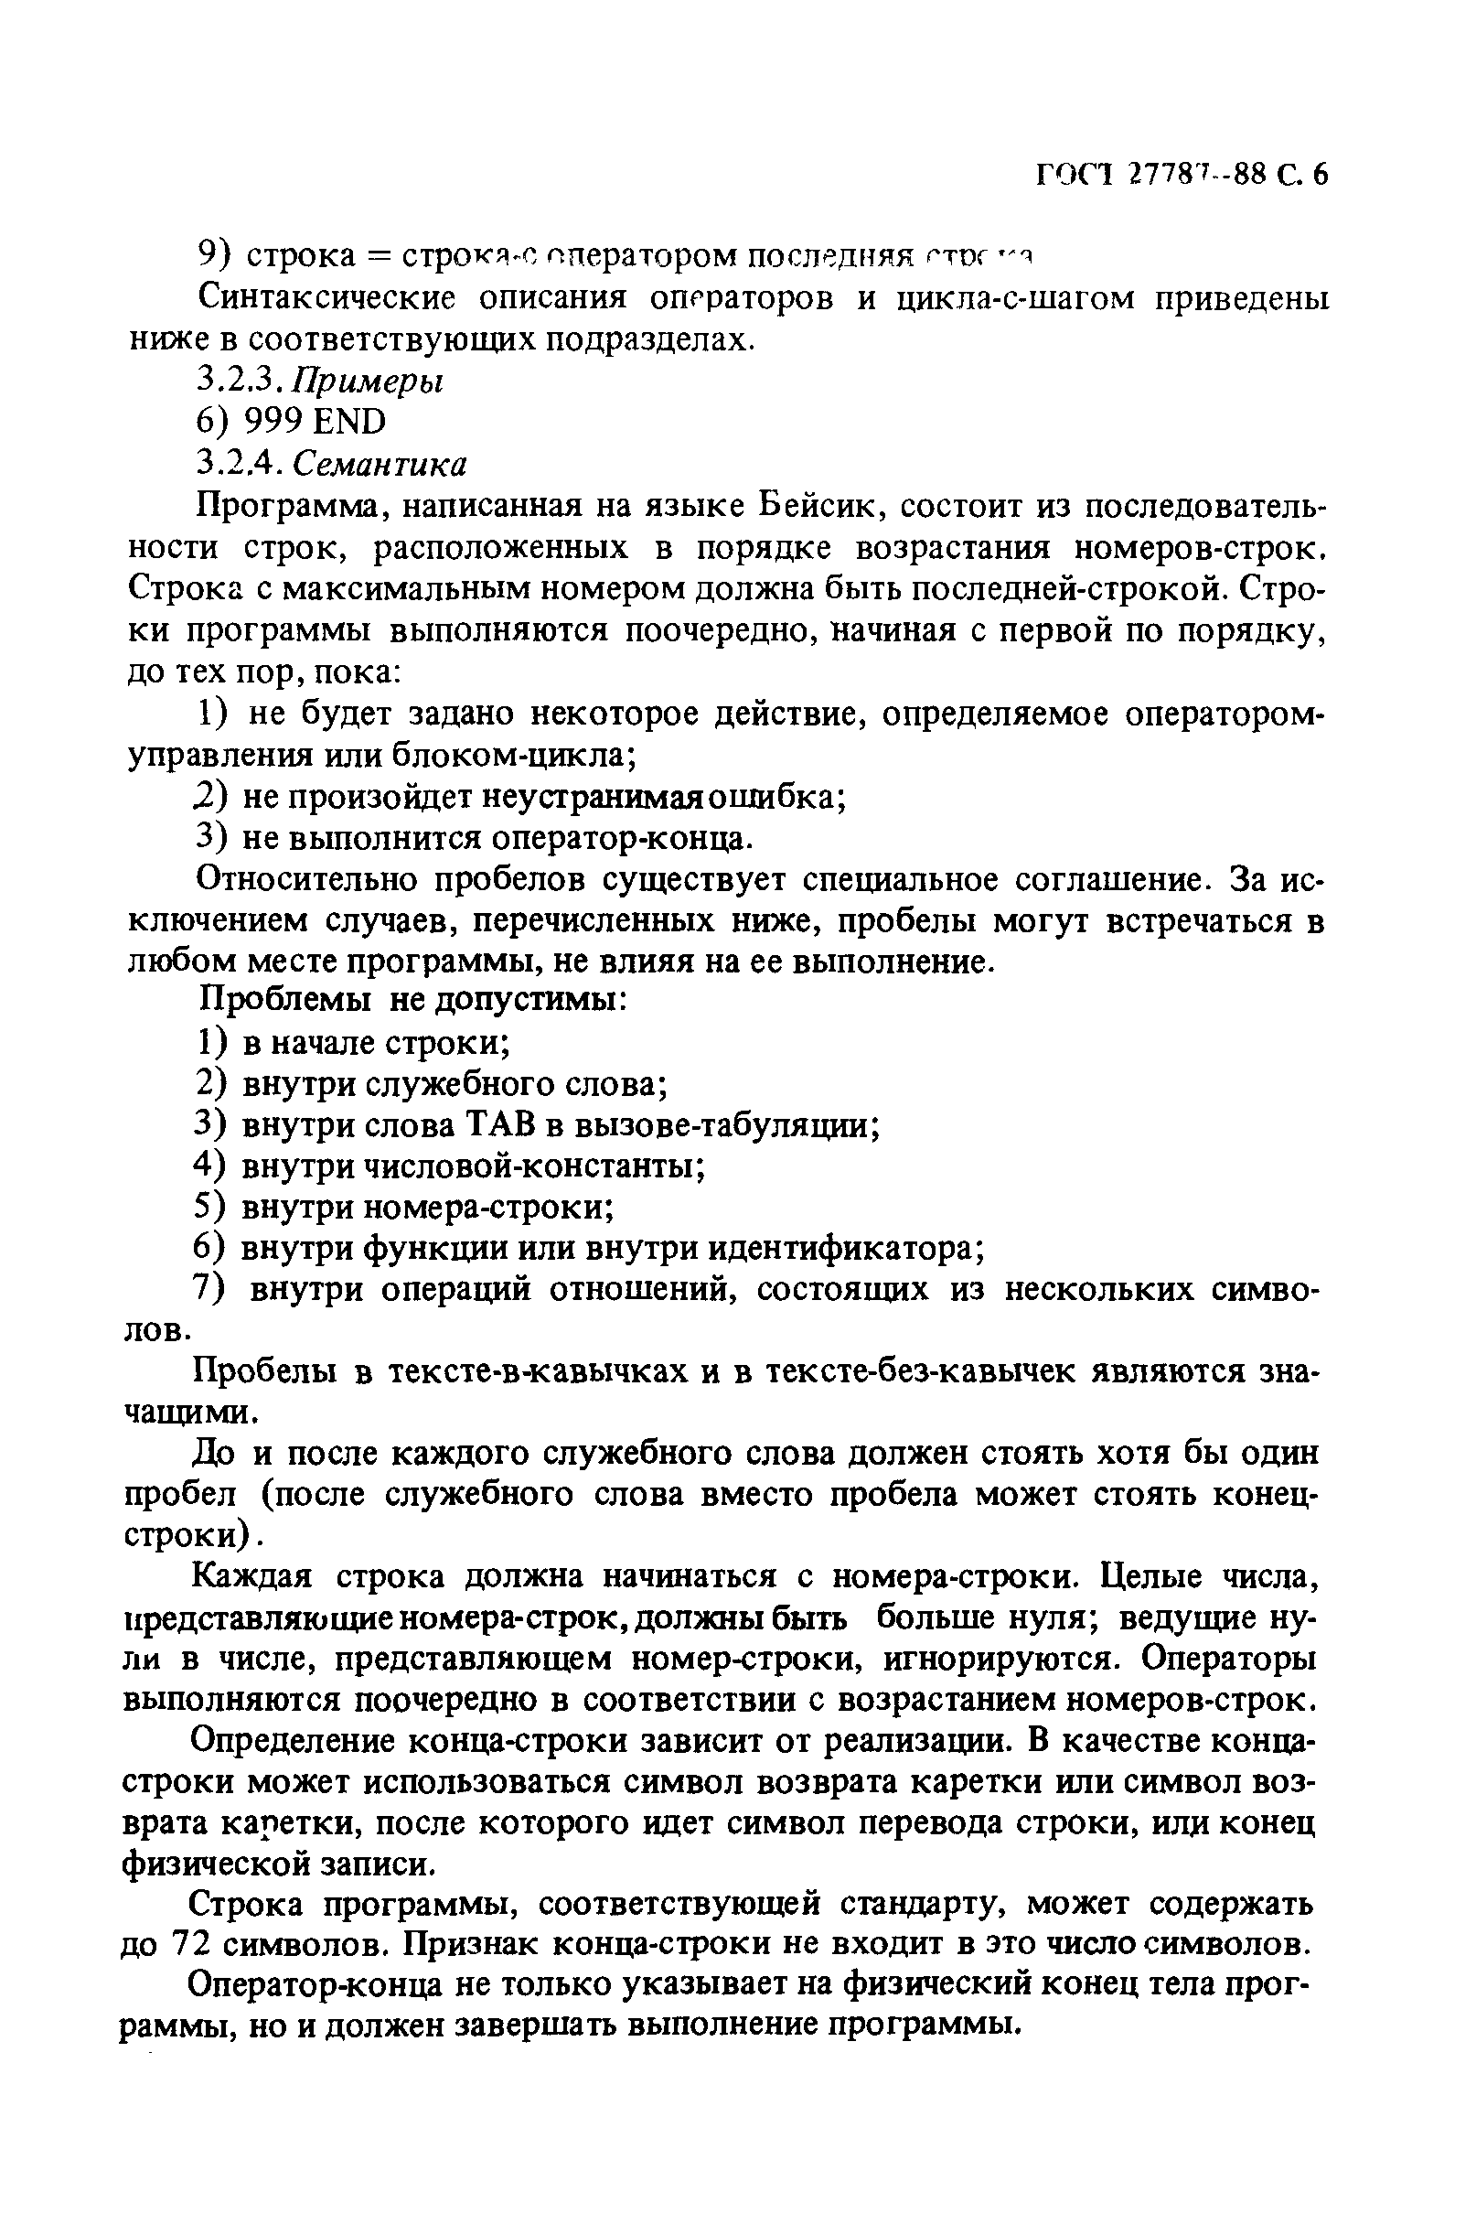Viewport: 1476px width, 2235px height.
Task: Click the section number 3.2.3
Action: click(x=234, y=381)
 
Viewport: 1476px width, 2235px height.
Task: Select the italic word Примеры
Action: click(x=367, y=381)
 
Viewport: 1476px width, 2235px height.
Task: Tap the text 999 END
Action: click(x=315, y=422)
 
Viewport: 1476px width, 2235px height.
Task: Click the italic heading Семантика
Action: click(x=380, y=464)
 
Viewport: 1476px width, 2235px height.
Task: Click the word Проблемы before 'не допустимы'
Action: click(x=286, y=1000)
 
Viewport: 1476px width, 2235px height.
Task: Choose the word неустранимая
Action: click(x=592, y=797)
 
